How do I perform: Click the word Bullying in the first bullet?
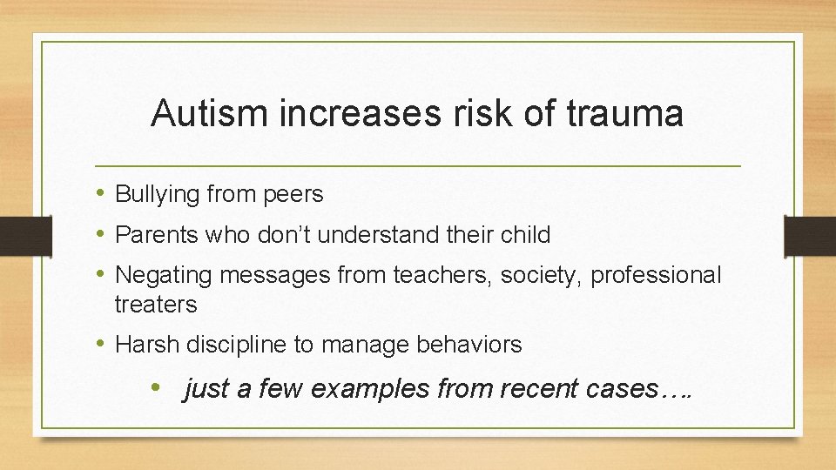click(x=158, y=195)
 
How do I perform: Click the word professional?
click(x=657, y=275)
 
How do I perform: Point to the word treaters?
click(x=156, y=305)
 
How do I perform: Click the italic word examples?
click(x=370, y=389)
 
